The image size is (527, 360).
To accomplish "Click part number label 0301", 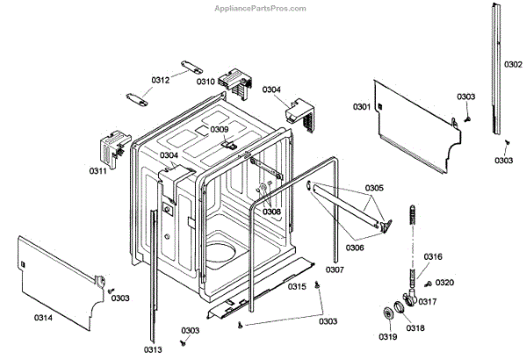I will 362,107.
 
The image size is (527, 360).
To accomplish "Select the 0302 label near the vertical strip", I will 514,65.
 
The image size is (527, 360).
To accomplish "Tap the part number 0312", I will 160,80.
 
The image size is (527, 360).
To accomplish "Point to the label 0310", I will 206,82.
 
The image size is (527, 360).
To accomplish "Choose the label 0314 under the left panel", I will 43,317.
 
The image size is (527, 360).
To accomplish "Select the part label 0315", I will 298,287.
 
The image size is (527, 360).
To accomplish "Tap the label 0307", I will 335,269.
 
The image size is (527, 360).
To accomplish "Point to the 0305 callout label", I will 374,188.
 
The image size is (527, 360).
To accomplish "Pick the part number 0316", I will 433,256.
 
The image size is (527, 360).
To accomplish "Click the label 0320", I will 445,282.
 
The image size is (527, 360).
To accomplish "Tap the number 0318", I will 415,328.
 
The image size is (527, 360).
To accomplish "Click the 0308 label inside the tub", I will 271,212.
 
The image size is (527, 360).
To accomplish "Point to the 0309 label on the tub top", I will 219,129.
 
